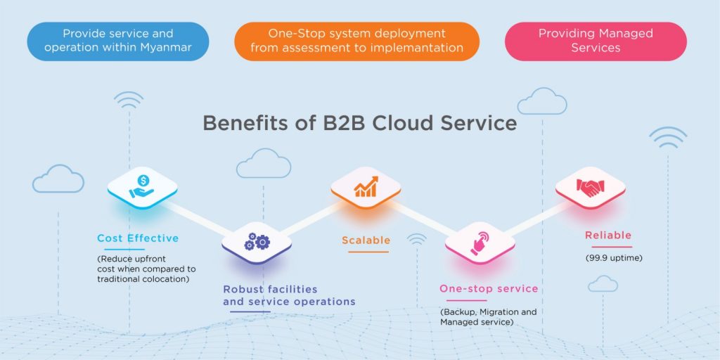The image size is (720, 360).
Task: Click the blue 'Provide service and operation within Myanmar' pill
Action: tap(118, 41)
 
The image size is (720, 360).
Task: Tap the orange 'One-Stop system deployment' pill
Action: tap(356, 41)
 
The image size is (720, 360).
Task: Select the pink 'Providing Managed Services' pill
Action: tap(596, 41)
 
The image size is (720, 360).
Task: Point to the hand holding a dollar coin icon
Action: tap(142, 186)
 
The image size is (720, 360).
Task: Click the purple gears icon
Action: tap(257, 242)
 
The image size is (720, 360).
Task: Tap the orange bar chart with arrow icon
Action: tap(366, 186)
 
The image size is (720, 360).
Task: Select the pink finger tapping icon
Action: tap(480, 243)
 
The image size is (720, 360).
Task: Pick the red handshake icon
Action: tap(591, 188)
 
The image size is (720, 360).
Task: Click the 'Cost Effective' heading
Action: tap(138, 238)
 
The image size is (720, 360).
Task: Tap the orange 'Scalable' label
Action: tap(366, 240)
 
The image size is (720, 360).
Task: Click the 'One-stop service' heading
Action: tap(489, 288)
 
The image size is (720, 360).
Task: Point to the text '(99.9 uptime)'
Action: tap(613, 258)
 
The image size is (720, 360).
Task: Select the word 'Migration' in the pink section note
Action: tap(500, 312)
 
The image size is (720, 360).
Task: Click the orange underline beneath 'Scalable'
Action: tap(368, 252)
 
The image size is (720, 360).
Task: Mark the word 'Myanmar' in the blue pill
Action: tap(170, 47)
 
